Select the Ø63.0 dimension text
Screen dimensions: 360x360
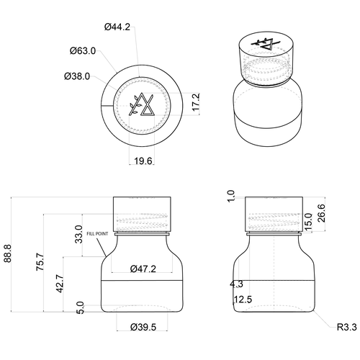coord(84,51)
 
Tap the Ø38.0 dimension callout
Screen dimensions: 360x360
coord(77,75)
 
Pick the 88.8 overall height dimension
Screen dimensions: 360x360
coord(8,256)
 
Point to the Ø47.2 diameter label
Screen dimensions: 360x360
coord(144,269)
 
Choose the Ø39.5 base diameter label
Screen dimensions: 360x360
coord(144,328)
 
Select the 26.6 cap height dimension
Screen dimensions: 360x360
coord(341,215)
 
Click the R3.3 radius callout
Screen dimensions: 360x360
coord(347,328)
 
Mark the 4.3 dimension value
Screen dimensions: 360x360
coord(237,284)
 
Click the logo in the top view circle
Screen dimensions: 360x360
coord(143,105)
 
